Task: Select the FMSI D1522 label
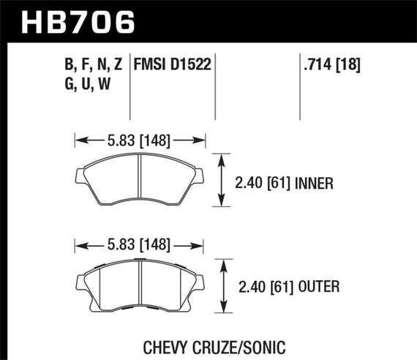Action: coord(172,66)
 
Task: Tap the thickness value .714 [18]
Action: coord(331,66)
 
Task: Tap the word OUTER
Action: coord(320,287)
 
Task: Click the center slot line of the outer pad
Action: coord(140,284)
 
